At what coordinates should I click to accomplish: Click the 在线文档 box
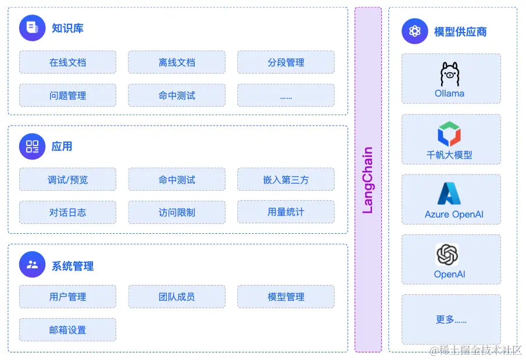[67, 62]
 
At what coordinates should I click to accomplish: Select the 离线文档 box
[177, 62]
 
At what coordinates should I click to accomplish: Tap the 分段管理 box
[285, 62]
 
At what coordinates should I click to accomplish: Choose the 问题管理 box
[67, 95]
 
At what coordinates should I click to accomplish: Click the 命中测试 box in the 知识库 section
[177, 95]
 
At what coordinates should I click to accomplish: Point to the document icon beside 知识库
[32, 28]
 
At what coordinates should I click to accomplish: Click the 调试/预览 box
[67, 180]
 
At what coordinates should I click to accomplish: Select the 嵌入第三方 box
[285, 180]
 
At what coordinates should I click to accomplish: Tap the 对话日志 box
[67, 212]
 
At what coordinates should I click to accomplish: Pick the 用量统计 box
[285, 212]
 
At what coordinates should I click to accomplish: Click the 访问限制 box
[177, 212]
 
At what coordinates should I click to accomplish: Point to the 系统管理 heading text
[73, 266]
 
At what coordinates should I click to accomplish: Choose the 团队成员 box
[177, 297]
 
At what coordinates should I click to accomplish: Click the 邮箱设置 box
[67, 330]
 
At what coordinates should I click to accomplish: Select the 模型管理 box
[285, 297]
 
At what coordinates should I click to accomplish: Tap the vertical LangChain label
[368, 180]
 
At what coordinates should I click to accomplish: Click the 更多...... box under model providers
[451, 319]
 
